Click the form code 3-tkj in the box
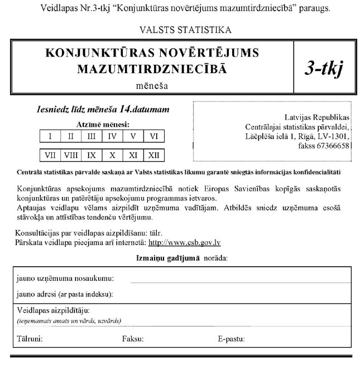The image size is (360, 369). [324, 68]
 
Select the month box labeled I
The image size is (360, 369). [50, 136]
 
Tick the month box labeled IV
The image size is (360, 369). [112, 136]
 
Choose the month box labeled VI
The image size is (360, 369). [153, 136]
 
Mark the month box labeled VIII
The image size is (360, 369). [71, 155]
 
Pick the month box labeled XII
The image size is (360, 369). [153, 155]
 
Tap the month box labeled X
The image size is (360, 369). [112, 155]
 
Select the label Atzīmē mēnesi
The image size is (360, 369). [102, 124]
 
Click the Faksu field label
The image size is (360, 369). [133, 338]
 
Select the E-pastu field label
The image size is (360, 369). [232, 338]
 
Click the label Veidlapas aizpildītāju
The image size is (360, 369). [53, 310]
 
